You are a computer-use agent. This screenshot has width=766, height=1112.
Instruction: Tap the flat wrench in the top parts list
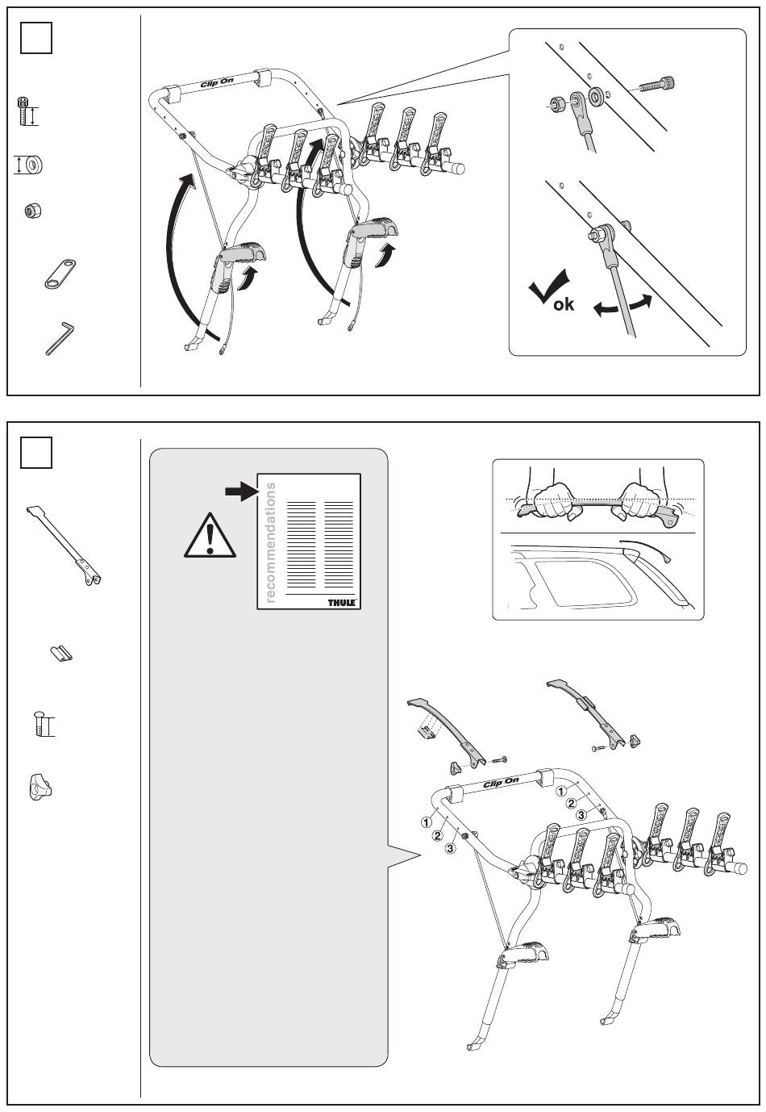(59, 274)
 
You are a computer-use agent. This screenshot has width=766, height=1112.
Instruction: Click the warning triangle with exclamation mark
(210, 535)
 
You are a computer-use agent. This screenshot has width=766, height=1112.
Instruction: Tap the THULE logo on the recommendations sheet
(342, 602)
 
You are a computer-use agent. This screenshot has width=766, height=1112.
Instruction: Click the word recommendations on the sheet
(270, 542)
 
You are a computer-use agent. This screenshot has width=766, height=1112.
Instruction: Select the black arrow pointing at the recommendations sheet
(240, 492)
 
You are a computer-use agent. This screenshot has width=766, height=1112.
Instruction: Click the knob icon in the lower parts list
(39, 786)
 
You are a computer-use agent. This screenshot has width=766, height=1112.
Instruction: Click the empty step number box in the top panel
(35, 37)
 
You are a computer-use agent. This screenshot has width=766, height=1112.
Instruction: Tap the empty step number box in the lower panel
(35, 453)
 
